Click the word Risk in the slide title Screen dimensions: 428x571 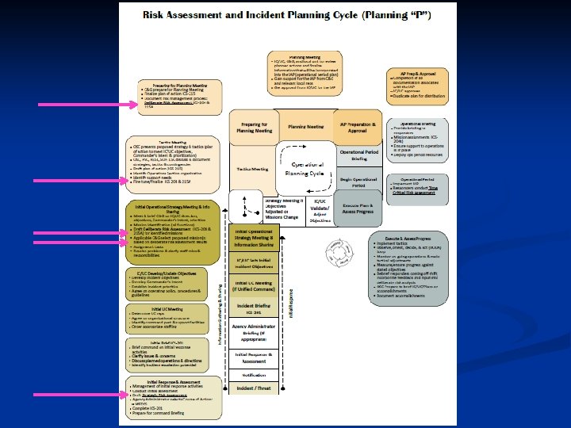pyautogui.click(x=155, y=15)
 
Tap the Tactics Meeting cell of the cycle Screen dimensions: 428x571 pyautogui.click(x=251, y=169)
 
